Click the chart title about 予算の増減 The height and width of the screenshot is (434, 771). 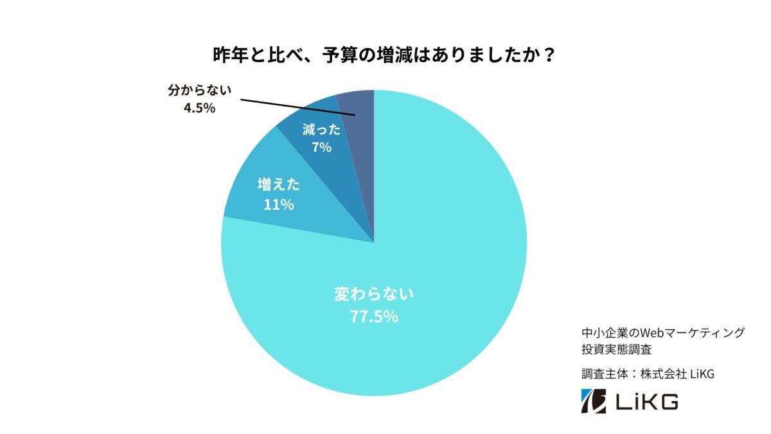pyautogui.click(x=384, y=55)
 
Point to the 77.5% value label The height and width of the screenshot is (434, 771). pyautogui.click(x=374, y=316)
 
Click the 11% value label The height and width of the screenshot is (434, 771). pyautogui.click(x=279, y=205)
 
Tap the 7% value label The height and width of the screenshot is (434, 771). pyautogui.click(x=321, y=147)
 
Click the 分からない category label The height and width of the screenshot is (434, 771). pyautogui.click(x=199, y=91)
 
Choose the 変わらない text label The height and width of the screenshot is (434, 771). pyautogui.click(x=374, y=295)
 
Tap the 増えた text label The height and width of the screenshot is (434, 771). pyautogui.click(x=279, y=185)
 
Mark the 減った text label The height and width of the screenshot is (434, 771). pyautogui.click(x=321, y=129)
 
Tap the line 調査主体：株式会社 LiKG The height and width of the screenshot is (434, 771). pyautogui.click(x=647, y=375)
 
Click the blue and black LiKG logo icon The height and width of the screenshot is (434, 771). pyautogui.click(x=594, y=401)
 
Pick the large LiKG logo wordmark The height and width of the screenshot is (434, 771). pyautogui.click(x=646, y=402)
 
